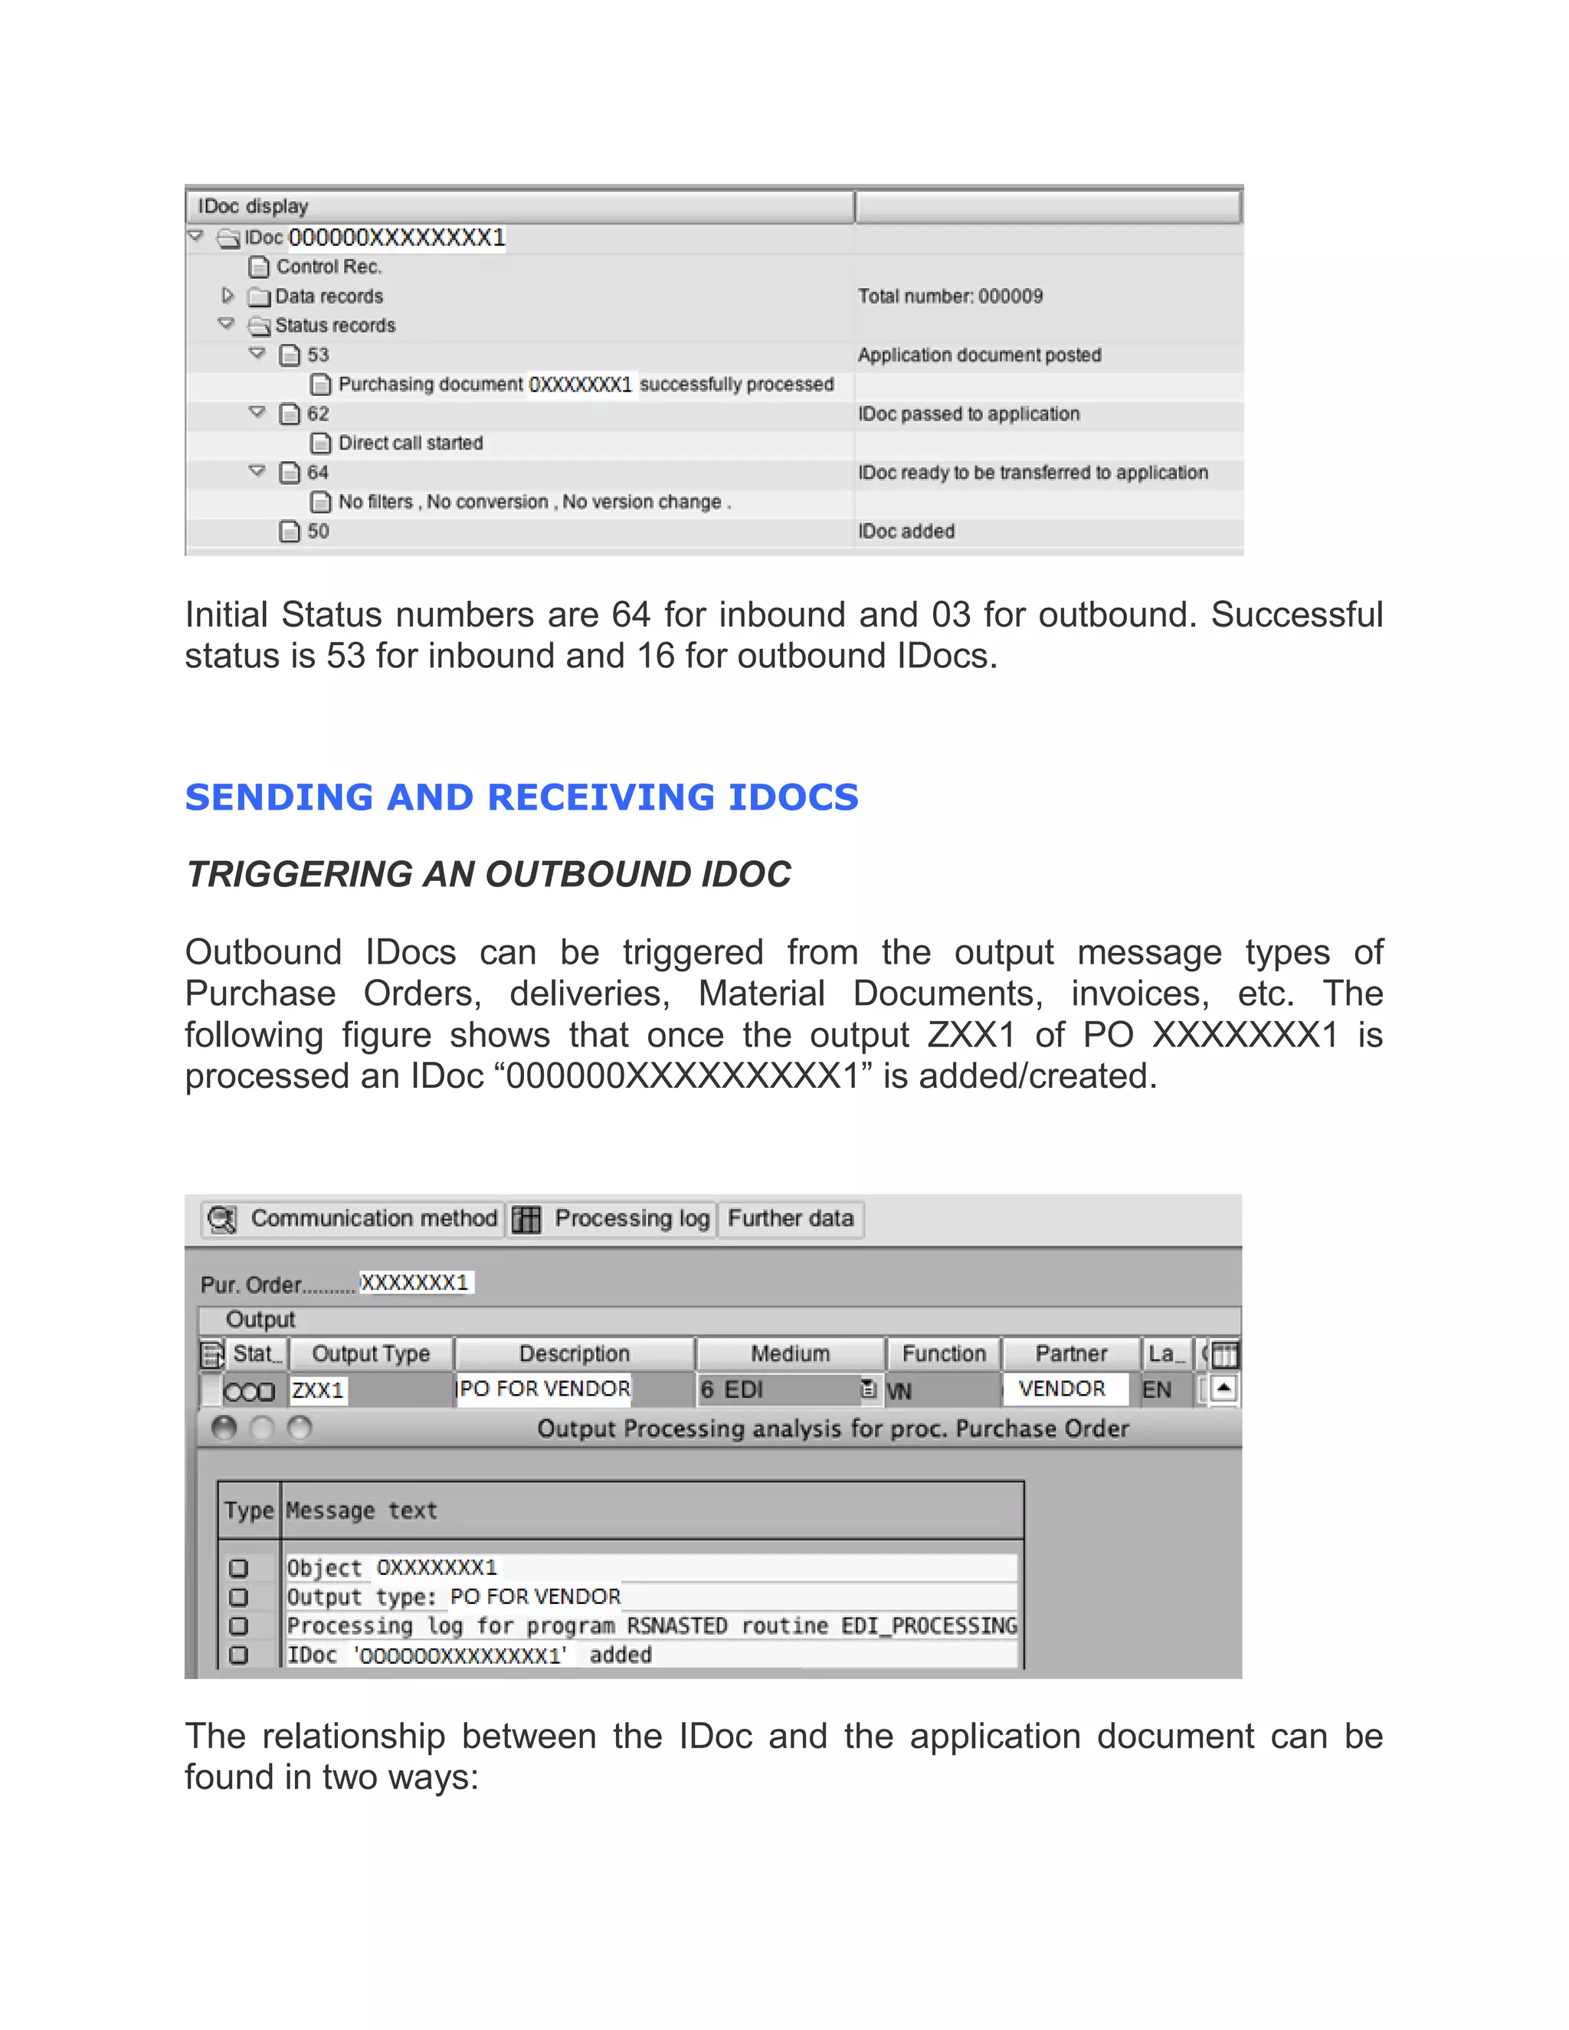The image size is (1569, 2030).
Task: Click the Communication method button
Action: (x=354, y=1219)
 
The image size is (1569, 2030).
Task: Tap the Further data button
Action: (x=790, y=1219)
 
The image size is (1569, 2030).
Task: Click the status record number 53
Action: (x=318, y=355)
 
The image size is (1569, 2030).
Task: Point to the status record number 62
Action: (x=318, y=414)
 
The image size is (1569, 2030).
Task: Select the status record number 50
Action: (x=318, y=531)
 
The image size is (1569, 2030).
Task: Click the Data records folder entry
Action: (x=328, y=296)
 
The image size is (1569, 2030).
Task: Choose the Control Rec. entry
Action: (x=328, y=267)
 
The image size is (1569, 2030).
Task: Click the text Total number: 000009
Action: (x=950, y=296)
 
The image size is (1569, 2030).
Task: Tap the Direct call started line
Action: (x=410, y=444)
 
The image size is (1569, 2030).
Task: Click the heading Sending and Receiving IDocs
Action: (x=522, y=797)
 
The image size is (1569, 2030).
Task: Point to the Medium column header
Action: (x=790, y=1354)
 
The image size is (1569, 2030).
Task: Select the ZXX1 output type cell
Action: (x=318, y=1390)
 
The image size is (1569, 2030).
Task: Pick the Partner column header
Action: (x=1071, y=1354)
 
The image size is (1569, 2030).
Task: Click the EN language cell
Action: (x=1158, y=1390)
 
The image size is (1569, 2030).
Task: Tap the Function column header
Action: (x=943, y=1354)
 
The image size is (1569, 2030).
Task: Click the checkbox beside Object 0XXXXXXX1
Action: (x=239, y=1568)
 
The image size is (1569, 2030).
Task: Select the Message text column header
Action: (x=362, y=1511)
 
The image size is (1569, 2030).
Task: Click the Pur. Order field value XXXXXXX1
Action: (x=414, y=1282)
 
